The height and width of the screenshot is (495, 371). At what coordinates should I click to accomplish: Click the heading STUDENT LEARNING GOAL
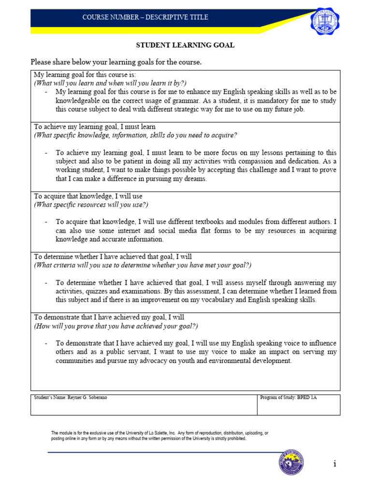click(x=185, y=45)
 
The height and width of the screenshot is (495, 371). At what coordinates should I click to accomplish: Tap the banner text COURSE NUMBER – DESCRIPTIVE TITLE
click(x=145, y=17)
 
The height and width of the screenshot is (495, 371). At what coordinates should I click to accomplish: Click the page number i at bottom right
click(x=334, y=464)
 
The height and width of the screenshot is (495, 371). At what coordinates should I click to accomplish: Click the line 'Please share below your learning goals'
click(x=116, y=62)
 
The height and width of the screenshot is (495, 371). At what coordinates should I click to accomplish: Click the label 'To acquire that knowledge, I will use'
click(x=88, y=196)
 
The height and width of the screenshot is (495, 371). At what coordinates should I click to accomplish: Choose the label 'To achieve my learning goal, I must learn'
click(x=94, y=127)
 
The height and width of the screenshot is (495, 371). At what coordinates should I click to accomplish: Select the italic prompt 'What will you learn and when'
click(x=110, y=83)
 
